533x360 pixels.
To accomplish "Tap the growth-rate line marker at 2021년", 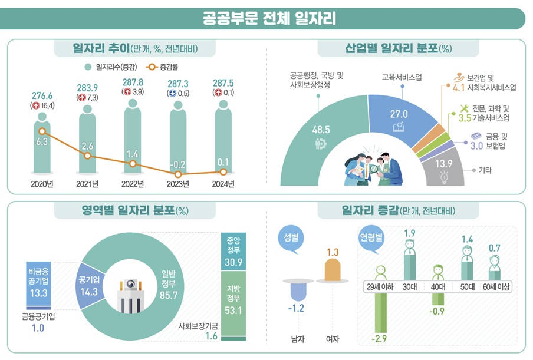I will tap(87, 156).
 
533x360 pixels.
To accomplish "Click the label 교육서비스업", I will tap(399, 77).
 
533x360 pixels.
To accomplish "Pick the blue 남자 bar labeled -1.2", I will tap(299, 292).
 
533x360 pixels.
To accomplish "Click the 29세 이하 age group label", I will tap(380, 287).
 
